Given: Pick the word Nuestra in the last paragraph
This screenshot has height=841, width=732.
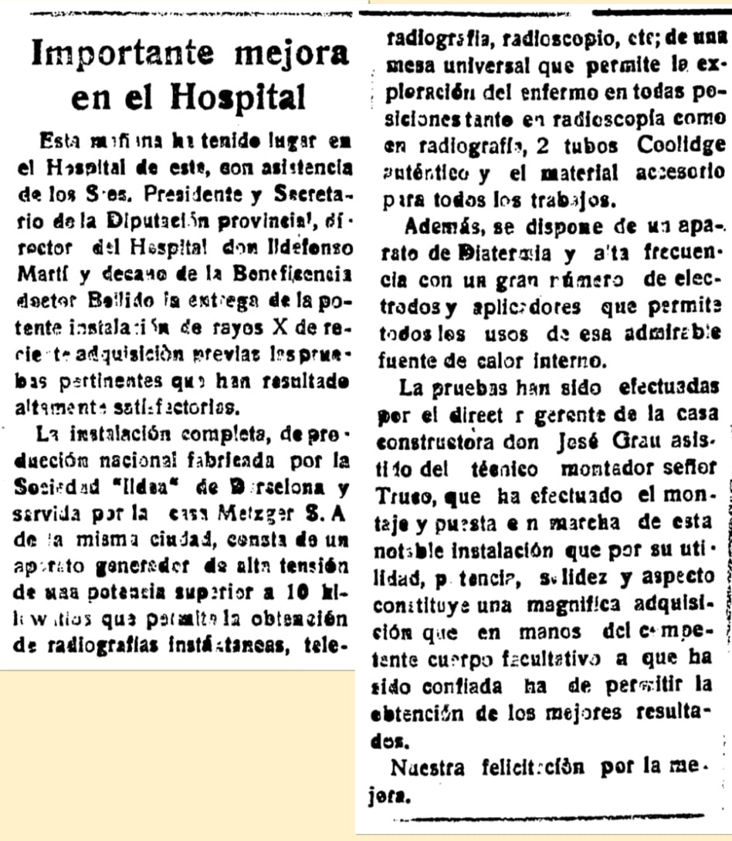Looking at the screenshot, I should [x=428, y=768].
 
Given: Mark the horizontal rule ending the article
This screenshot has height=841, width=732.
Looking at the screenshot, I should [x=554, y=816].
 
